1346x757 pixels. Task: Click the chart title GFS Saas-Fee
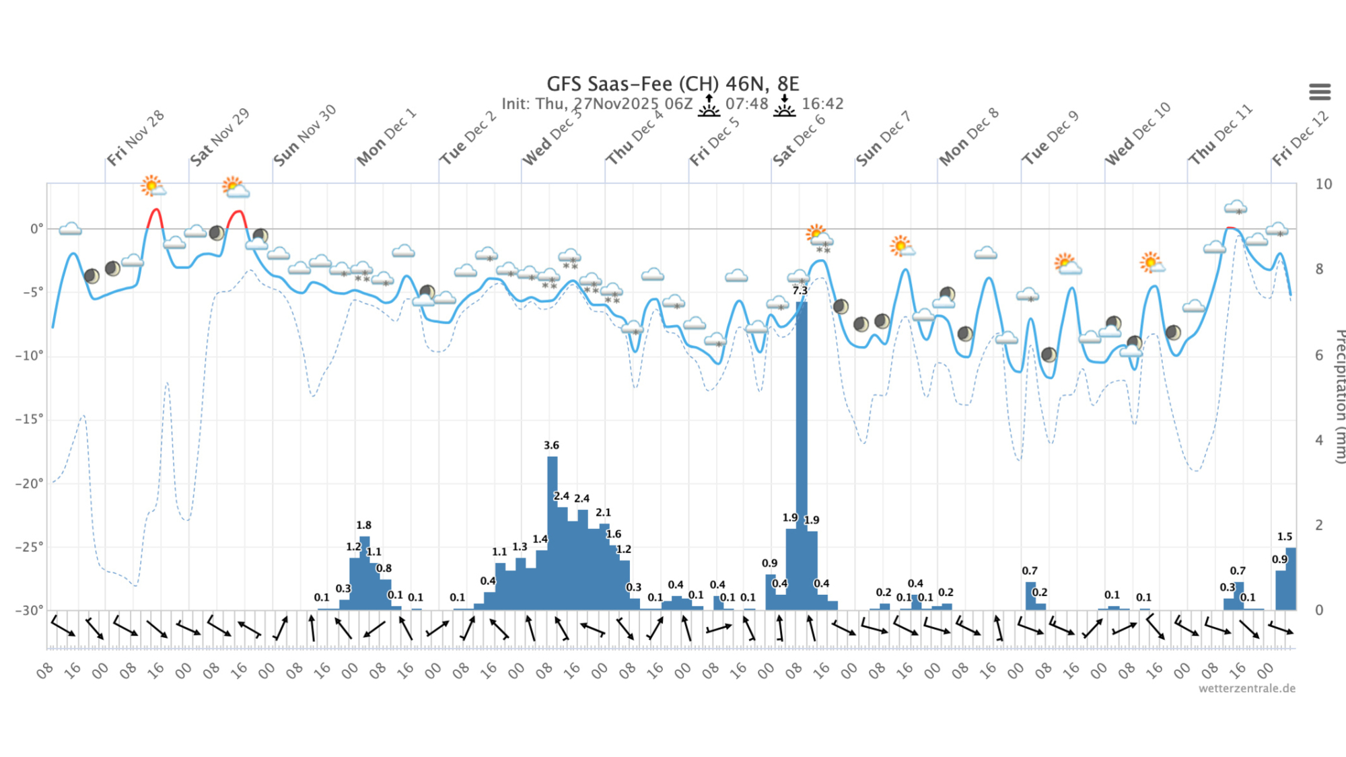[x=672, y=84]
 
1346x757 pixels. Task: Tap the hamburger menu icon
[x=1320, y=92]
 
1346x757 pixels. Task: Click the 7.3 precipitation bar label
[x=800, y=291]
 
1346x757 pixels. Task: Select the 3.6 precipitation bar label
[x=551, y=445]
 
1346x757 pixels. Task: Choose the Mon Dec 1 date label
[x=386, y=137]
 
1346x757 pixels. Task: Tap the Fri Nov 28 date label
[x=135, y=138]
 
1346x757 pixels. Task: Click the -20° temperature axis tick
[x=29, y=483]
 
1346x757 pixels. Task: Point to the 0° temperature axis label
[x=36, y=229]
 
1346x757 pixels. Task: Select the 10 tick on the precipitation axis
[x=1323, y=184]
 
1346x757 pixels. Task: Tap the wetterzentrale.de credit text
[x=1246, y=688]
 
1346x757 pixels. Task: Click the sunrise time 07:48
[x=746, y=104]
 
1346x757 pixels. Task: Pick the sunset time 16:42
[x=822, y=104]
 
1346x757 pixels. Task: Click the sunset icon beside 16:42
[x=784, y=106]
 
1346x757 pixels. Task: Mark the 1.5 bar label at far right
[x=1284, y=537]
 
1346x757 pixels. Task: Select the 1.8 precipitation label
[x=363, y=526]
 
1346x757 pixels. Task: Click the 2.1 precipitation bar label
[x=603, y=513]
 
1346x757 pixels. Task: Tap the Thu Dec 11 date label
[x=1220, y=135]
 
